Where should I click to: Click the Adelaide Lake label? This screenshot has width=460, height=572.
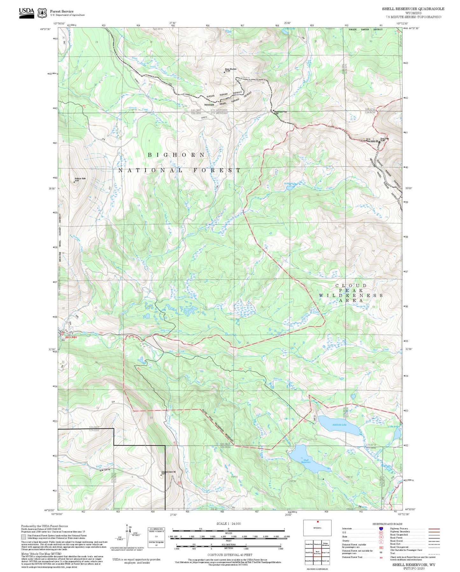[x=339, y=425]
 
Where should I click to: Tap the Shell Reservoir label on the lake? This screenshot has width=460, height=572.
[x=306, y=461]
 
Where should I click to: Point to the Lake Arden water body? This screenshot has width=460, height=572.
[x=397, y=434]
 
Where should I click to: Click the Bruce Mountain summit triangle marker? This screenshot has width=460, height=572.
[x=224, y=72]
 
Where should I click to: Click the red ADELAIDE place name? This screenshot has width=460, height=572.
[x=71, y=337]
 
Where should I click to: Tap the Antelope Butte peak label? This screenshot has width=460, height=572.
[x=80, y=179]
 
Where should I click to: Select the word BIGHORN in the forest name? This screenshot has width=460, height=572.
[x=176, y=155]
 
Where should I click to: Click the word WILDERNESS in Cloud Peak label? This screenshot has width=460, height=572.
[x=351, y=296]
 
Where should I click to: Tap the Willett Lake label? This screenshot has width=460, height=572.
[x=290, y=184]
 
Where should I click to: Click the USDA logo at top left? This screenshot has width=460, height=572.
[x=26, y=13]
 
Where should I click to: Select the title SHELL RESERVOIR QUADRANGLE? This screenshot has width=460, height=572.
[x=413, y=9]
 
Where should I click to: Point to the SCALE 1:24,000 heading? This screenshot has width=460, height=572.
[x=228, y=524]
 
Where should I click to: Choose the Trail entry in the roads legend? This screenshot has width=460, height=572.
[x=393, y=553]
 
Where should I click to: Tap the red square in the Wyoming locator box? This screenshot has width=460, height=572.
[x=317, y=522]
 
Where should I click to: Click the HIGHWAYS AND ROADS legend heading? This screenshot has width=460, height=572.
[x=387, y=524]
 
